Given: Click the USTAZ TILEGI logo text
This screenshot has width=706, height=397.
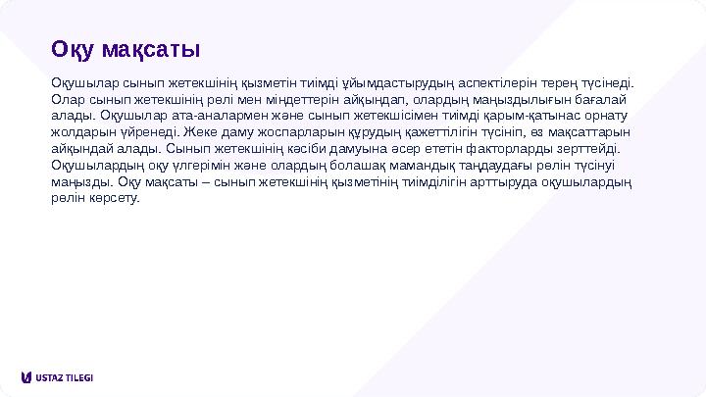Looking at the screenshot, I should (x=64, y=377).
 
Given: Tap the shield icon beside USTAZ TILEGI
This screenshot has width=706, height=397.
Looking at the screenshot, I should (x=25, y=377).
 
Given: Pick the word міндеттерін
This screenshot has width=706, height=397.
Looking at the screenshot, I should (x=265, y=99).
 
